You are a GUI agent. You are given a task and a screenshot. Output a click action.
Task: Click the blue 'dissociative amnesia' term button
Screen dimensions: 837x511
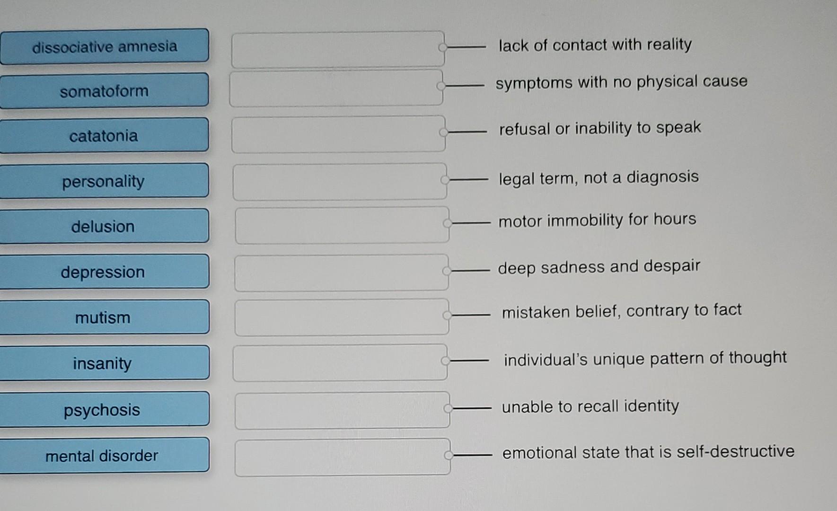tap(104, 46)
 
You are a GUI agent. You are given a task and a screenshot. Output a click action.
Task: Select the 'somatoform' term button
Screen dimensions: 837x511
tap(104, 90)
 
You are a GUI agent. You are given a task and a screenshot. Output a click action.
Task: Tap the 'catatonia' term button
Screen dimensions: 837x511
tap(104, 136)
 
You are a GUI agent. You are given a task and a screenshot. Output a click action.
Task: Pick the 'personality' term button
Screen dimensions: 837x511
tap(104, 181)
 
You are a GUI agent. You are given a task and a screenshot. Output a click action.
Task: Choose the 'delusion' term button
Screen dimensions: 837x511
tap(104, 226)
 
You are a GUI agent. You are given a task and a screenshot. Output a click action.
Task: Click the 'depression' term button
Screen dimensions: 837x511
tap(104, 272)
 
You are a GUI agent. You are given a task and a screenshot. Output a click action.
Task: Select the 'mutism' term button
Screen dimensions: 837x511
tap(104, 317)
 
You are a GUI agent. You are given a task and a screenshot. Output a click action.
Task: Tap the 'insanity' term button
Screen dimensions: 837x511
tap(104, 363)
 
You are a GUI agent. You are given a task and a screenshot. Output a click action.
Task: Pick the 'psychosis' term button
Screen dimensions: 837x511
tap(104, 409)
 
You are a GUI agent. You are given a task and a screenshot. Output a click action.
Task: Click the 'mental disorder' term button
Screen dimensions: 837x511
tap(104, 455)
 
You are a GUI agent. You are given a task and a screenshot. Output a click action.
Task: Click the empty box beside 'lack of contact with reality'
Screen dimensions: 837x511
tap(337, 49)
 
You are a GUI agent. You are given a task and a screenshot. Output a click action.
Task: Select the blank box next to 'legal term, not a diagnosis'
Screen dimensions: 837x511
tap(339, 182)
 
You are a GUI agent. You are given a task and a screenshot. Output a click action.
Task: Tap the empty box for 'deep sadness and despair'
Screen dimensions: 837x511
tap(341, 273)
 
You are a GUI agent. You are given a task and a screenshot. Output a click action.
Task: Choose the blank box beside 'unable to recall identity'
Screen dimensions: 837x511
tap(342, 410)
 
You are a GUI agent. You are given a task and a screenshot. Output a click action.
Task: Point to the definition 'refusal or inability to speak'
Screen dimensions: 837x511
tap(599, 128)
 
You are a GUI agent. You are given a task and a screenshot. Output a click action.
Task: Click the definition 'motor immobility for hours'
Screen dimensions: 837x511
tap(597, 220)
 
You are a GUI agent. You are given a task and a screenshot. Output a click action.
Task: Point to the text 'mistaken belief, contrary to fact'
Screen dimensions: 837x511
tap(621, 311)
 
